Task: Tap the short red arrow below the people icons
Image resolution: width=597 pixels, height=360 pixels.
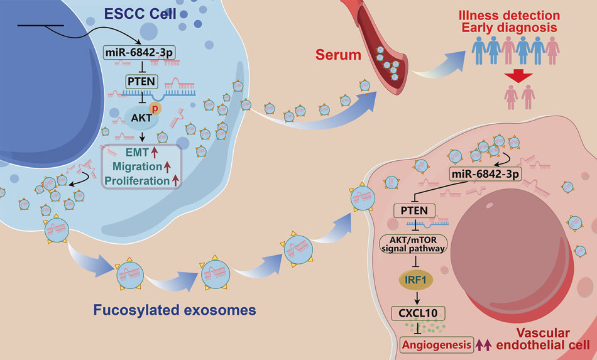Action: (518, 78)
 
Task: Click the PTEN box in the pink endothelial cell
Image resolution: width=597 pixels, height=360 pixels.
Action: (411, 210)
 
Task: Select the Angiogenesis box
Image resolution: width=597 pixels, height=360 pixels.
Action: (437, 344)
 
